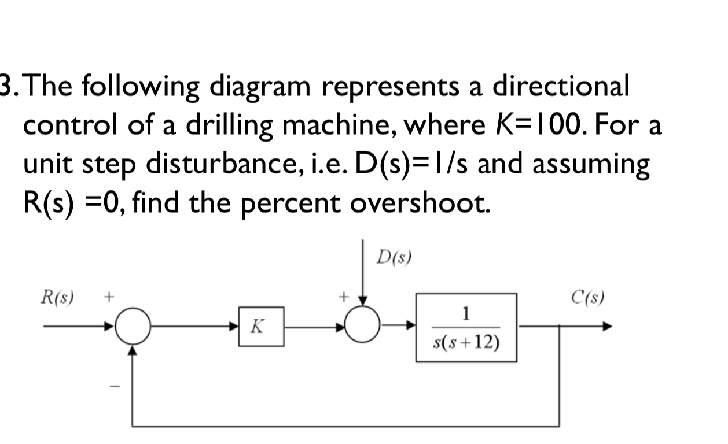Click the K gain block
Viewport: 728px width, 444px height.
click(261, 327)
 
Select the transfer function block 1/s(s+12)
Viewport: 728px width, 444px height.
click(466, 327)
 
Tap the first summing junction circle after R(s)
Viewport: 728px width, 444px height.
click(133, 328)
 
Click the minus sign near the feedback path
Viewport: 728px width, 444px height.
click(115, 386)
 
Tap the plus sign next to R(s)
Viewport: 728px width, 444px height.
click(108, 298)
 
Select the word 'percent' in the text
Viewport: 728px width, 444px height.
click(297, 203)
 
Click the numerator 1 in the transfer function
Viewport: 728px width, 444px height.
click(466, 314)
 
